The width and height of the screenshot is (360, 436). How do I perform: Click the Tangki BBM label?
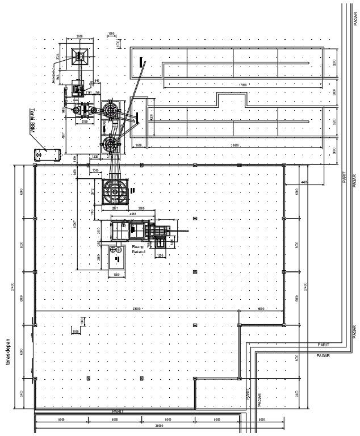click(x=34, y=120)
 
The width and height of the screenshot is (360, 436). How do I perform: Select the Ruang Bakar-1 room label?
click(x=139, y=250)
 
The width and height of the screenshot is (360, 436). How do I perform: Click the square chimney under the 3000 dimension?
click(x=79, y=56)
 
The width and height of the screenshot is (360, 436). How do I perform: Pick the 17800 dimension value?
click(x=244, y=85)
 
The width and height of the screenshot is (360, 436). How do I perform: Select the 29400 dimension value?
click(x=235, y=145)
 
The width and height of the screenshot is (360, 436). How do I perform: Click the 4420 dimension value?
click(x=304, y=182)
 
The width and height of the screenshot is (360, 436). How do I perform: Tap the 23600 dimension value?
click(x=137, y=309)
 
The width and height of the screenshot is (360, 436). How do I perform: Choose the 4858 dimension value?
click(x=132, y=214)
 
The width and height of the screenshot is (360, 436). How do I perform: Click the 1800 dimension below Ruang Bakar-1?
click(x=116, y=275)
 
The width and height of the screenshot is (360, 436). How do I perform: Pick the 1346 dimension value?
click(x=95, y=170)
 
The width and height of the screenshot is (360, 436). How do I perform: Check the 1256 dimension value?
click(x=160, y=255)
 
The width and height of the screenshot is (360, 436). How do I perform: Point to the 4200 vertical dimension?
click(x=151, y=117)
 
